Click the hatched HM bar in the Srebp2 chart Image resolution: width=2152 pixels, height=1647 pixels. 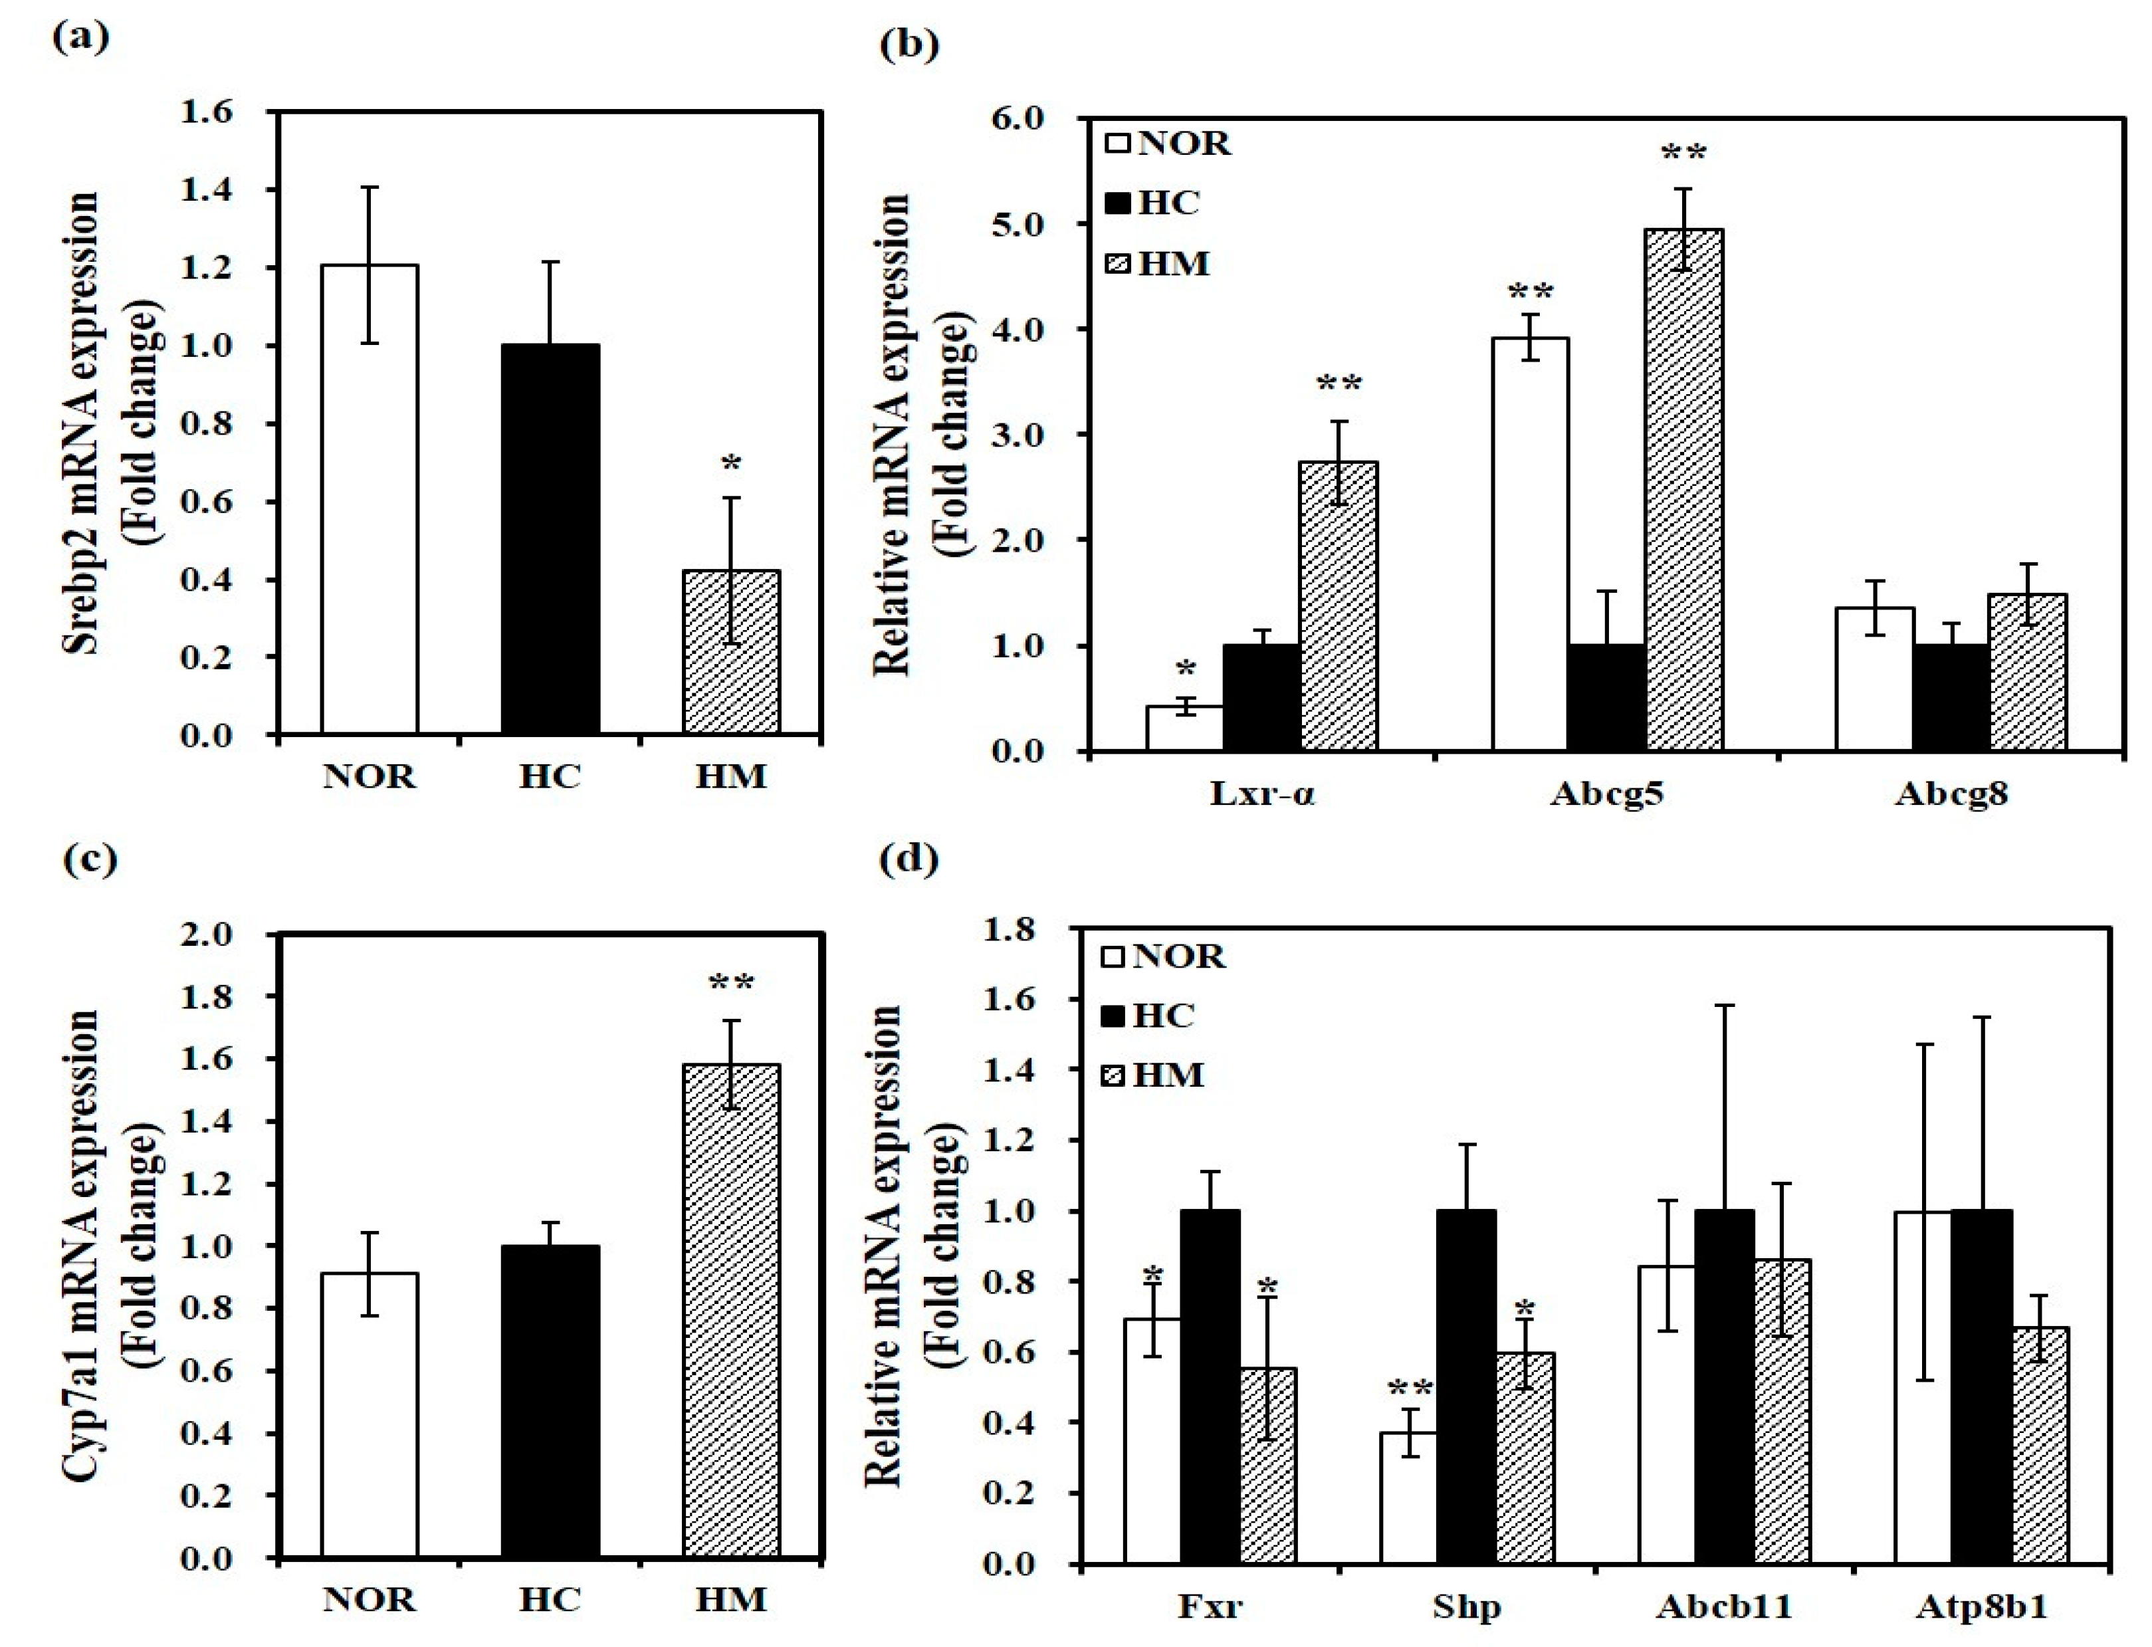pyautogui.click(x=730, y=652)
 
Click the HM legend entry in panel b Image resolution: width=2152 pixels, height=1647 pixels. pyautogui.click(x=1157, y=264)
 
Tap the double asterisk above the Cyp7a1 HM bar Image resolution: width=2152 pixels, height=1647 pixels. pyautogui.click(x=730, y=982)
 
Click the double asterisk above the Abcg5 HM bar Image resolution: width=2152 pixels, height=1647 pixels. pyautogui.click(x=1683, y=154)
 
